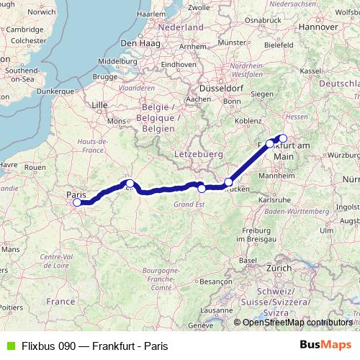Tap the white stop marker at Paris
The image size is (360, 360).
point(77,202)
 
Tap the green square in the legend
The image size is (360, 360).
point(8,346)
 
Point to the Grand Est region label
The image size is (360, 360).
point(189,204)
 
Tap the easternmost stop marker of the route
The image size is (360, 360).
point(283,138)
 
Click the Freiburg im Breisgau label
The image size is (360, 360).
point(258,233)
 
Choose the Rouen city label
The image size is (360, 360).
point(35,167)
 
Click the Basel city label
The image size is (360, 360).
point(248,260)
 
